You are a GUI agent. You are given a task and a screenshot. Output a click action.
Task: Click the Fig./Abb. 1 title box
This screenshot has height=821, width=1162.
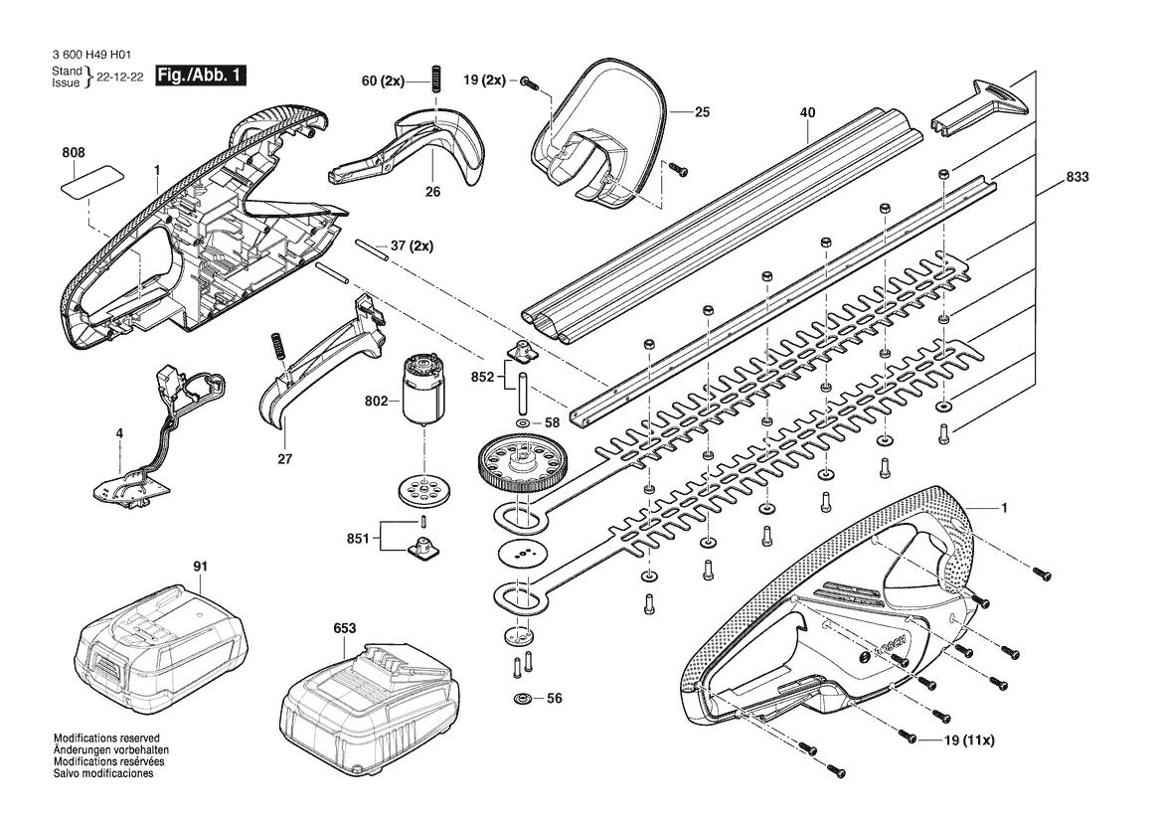(x=200, y=76)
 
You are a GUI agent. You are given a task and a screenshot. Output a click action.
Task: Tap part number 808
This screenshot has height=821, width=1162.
(x=74, y=153)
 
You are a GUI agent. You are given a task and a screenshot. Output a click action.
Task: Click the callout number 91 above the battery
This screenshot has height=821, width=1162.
(x=200, y=567)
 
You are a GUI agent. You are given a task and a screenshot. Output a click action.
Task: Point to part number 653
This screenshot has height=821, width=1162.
(x=345, y=628)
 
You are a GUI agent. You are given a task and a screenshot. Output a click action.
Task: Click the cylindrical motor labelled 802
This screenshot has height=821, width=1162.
(x=423, y=390)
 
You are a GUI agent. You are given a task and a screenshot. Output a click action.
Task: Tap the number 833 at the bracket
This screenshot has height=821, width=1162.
(x=1077, y=177)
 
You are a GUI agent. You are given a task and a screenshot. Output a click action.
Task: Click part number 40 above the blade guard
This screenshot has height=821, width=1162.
(x=808, y=112)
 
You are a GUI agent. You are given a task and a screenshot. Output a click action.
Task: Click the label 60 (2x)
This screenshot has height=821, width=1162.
(x=383, y=81)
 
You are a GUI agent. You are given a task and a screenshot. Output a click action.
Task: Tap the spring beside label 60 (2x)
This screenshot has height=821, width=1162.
(x=436, y=78)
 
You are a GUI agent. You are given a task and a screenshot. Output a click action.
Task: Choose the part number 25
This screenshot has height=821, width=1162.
(x=703, y=112)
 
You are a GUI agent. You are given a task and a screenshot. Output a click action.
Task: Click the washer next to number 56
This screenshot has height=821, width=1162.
(x=523, y=698)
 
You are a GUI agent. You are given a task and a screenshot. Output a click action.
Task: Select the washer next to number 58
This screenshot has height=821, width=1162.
(x=523, y=423)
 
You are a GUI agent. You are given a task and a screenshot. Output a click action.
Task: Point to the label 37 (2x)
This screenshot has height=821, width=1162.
(x=412, y=246)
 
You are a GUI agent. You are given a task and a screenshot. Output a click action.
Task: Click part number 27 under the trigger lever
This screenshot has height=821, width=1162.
(x=285, y=458)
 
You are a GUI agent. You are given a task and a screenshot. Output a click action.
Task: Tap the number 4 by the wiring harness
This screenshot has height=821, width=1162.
(x=119, y=433)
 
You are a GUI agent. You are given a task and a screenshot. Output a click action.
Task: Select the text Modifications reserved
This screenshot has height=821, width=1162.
(x=106, y=739)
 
